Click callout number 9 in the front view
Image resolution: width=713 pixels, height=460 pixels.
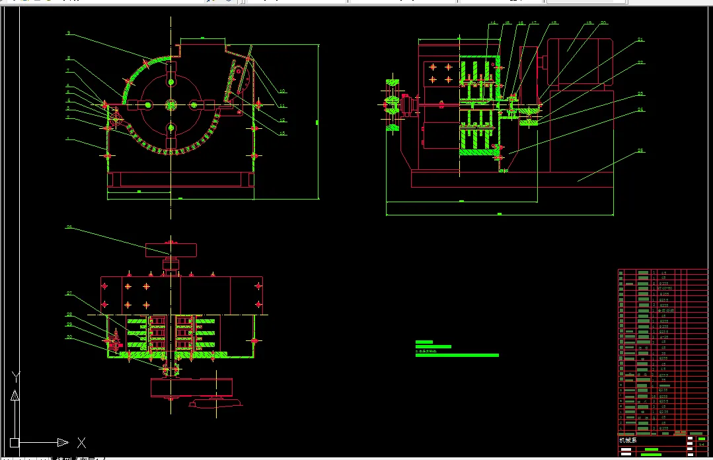pos(68,32)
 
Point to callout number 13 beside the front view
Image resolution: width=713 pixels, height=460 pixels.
pos(283,133)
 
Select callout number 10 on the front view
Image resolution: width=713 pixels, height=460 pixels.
pos(282,91)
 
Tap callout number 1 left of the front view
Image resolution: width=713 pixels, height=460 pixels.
pos(67,139)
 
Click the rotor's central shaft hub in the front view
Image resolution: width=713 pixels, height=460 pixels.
pos(171,104)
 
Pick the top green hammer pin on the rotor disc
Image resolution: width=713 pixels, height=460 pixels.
pos(171,81)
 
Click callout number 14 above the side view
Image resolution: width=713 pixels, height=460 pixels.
pos(492,24)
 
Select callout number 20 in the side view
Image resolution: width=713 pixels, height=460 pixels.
pos(603,23)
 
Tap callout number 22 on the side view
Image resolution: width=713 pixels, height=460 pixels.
pos(640,63)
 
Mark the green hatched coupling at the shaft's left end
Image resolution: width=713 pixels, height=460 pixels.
pos(392,104)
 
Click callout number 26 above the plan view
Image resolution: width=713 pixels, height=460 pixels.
pos(68,227)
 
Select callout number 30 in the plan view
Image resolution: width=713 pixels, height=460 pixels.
pos(68,337)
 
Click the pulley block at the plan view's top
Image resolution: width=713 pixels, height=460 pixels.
pos(172,250)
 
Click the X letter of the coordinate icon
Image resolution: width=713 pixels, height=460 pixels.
pos(81,442)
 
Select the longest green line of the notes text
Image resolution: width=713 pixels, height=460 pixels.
pos(457,355)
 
